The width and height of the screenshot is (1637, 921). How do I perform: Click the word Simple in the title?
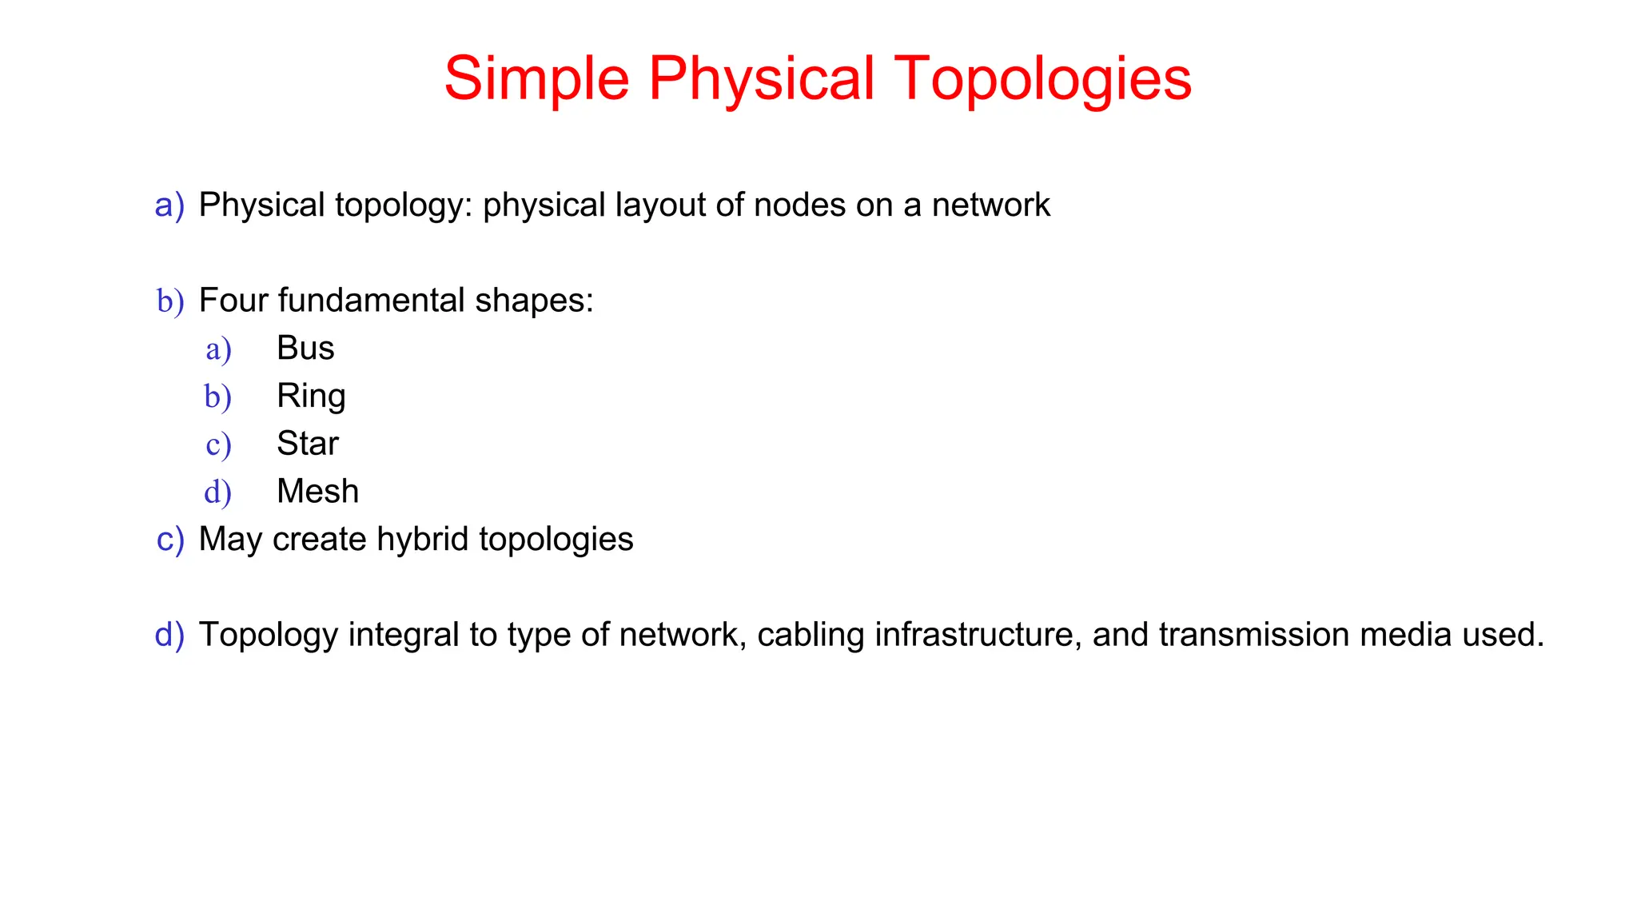536,79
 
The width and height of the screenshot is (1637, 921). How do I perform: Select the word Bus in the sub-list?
305,349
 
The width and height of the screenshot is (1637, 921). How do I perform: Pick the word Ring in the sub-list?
311,397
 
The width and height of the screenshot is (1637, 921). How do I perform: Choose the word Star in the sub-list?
308,444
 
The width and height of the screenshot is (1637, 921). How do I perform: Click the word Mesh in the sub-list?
317,492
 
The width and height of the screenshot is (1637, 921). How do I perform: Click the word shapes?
534,301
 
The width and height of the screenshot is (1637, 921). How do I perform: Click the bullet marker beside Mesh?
217,492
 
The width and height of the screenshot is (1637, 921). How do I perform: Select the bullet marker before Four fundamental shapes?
170,302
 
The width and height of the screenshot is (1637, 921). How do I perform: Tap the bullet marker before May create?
170,540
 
